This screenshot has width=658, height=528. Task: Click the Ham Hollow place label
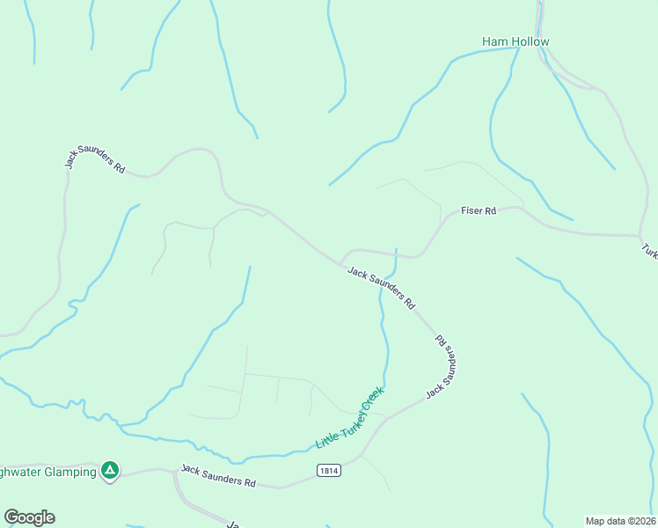(x=515, y=41)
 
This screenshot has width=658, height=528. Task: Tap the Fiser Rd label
(x=479, y=211)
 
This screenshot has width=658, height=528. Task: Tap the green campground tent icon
(x=110, y=472)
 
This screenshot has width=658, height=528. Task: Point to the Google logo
(x=29, y=517)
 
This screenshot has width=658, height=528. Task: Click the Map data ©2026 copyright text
(x=621, y=520)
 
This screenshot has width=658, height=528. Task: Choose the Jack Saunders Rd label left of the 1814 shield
(x=218, y=477)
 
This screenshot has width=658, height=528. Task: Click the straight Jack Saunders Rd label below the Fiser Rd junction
(x=381, y=288)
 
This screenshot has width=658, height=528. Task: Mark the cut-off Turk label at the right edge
(x=649, y=251)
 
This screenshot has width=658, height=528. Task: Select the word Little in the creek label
(x=324, y=440)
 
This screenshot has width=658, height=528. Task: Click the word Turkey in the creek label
(x=349, y=421)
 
